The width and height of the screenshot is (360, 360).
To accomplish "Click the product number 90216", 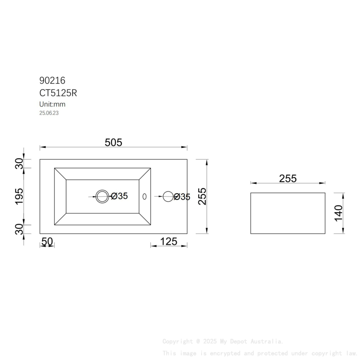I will point(52,80).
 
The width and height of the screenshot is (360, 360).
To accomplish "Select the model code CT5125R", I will point(58,93).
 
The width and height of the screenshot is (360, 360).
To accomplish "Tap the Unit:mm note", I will point(53,104).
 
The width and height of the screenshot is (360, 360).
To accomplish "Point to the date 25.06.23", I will point(49,113).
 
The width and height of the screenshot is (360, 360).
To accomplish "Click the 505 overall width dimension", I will point(114,143).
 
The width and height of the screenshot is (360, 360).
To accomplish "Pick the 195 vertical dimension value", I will point(19,196).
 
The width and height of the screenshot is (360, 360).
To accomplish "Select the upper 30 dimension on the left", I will point(19,163).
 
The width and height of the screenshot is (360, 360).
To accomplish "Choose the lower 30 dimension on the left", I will point(19,229).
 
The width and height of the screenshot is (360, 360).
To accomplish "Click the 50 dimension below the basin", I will point(47,241).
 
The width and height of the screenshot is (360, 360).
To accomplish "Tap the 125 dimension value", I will point(169,241).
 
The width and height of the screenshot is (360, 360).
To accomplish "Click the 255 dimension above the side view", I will point(288,179).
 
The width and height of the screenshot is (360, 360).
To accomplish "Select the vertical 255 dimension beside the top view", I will point(202,196).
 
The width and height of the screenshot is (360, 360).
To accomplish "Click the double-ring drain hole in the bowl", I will point(102,196).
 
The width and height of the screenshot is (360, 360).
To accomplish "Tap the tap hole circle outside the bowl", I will point(168,196).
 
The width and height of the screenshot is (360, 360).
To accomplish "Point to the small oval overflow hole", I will point(144,196).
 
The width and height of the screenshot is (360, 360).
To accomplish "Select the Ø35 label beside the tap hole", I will point(182,197).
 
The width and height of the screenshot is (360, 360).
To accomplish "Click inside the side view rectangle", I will point(288,213).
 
